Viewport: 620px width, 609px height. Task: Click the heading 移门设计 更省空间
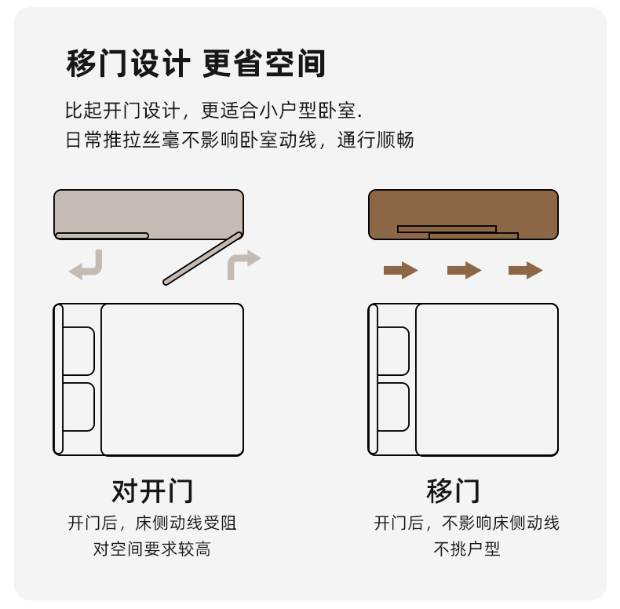[x=195, y=64]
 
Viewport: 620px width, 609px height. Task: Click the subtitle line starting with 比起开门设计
[x=213, y=111]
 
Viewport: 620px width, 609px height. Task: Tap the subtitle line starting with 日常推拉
[x=239, y=140]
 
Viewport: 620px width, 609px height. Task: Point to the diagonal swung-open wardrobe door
[x=202, y=259]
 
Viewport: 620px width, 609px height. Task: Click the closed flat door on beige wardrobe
[x=102, y=236]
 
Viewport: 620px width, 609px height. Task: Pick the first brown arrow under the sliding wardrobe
[x=400, y=271]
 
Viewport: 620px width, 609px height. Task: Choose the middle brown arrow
[x=464, y=271]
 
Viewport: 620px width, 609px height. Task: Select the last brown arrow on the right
[x=526, y=271]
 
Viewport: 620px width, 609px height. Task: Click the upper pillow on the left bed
[x=78, y=351]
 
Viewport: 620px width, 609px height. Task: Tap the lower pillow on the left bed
[x=78, y=407]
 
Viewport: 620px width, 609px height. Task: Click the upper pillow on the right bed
[x=393, y=351]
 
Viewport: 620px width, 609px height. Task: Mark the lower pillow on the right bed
[x=393, y=407]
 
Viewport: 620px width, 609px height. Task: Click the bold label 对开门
[x=152, y=490]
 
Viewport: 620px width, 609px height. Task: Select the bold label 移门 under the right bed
[x=453, y=490]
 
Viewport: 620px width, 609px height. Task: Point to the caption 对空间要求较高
[x=152, y=549]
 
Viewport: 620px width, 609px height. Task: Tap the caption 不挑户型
[x=467, y=549]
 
